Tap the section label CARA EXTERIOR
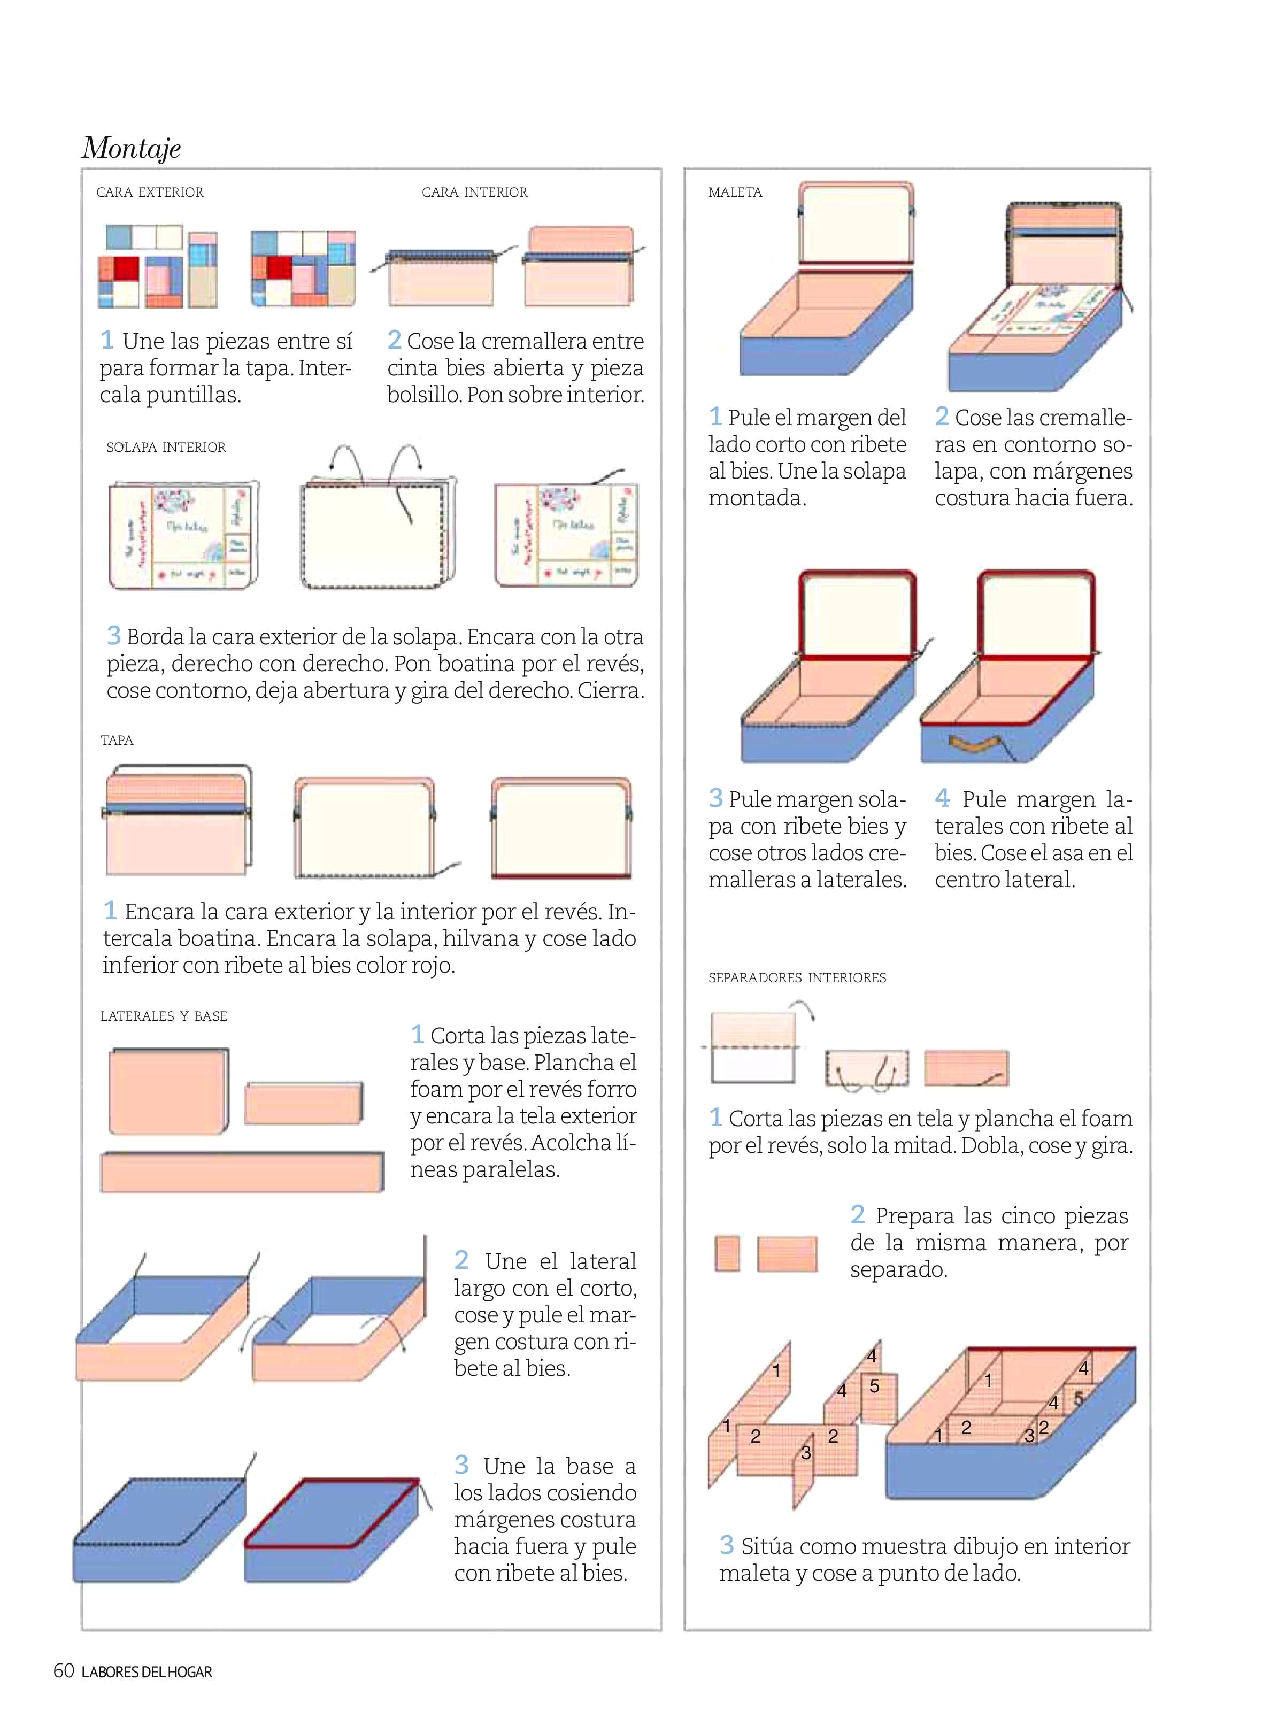pyautogui.click(x=150, y=192)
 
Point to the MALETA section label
pyautogui.click(x=735, y=192)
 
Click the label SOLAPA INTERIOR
pyautogui.click(x=166, y=447)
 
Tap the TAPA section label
pyautogui.click(x=117, y=740)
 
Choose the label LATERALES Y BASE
pyautogui.click(x=164, y=1016)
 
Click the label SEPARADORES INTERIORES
pyautogui.click(x=797, y=978)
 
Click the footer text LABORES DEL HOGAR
pyautogui.click(x=147, y=1672)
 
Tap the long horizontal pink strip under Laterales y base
pyautogui.click(x=242, y=1172)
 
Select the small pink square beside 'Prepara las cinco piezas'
pyautogui.click(x=727, y=1254)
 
